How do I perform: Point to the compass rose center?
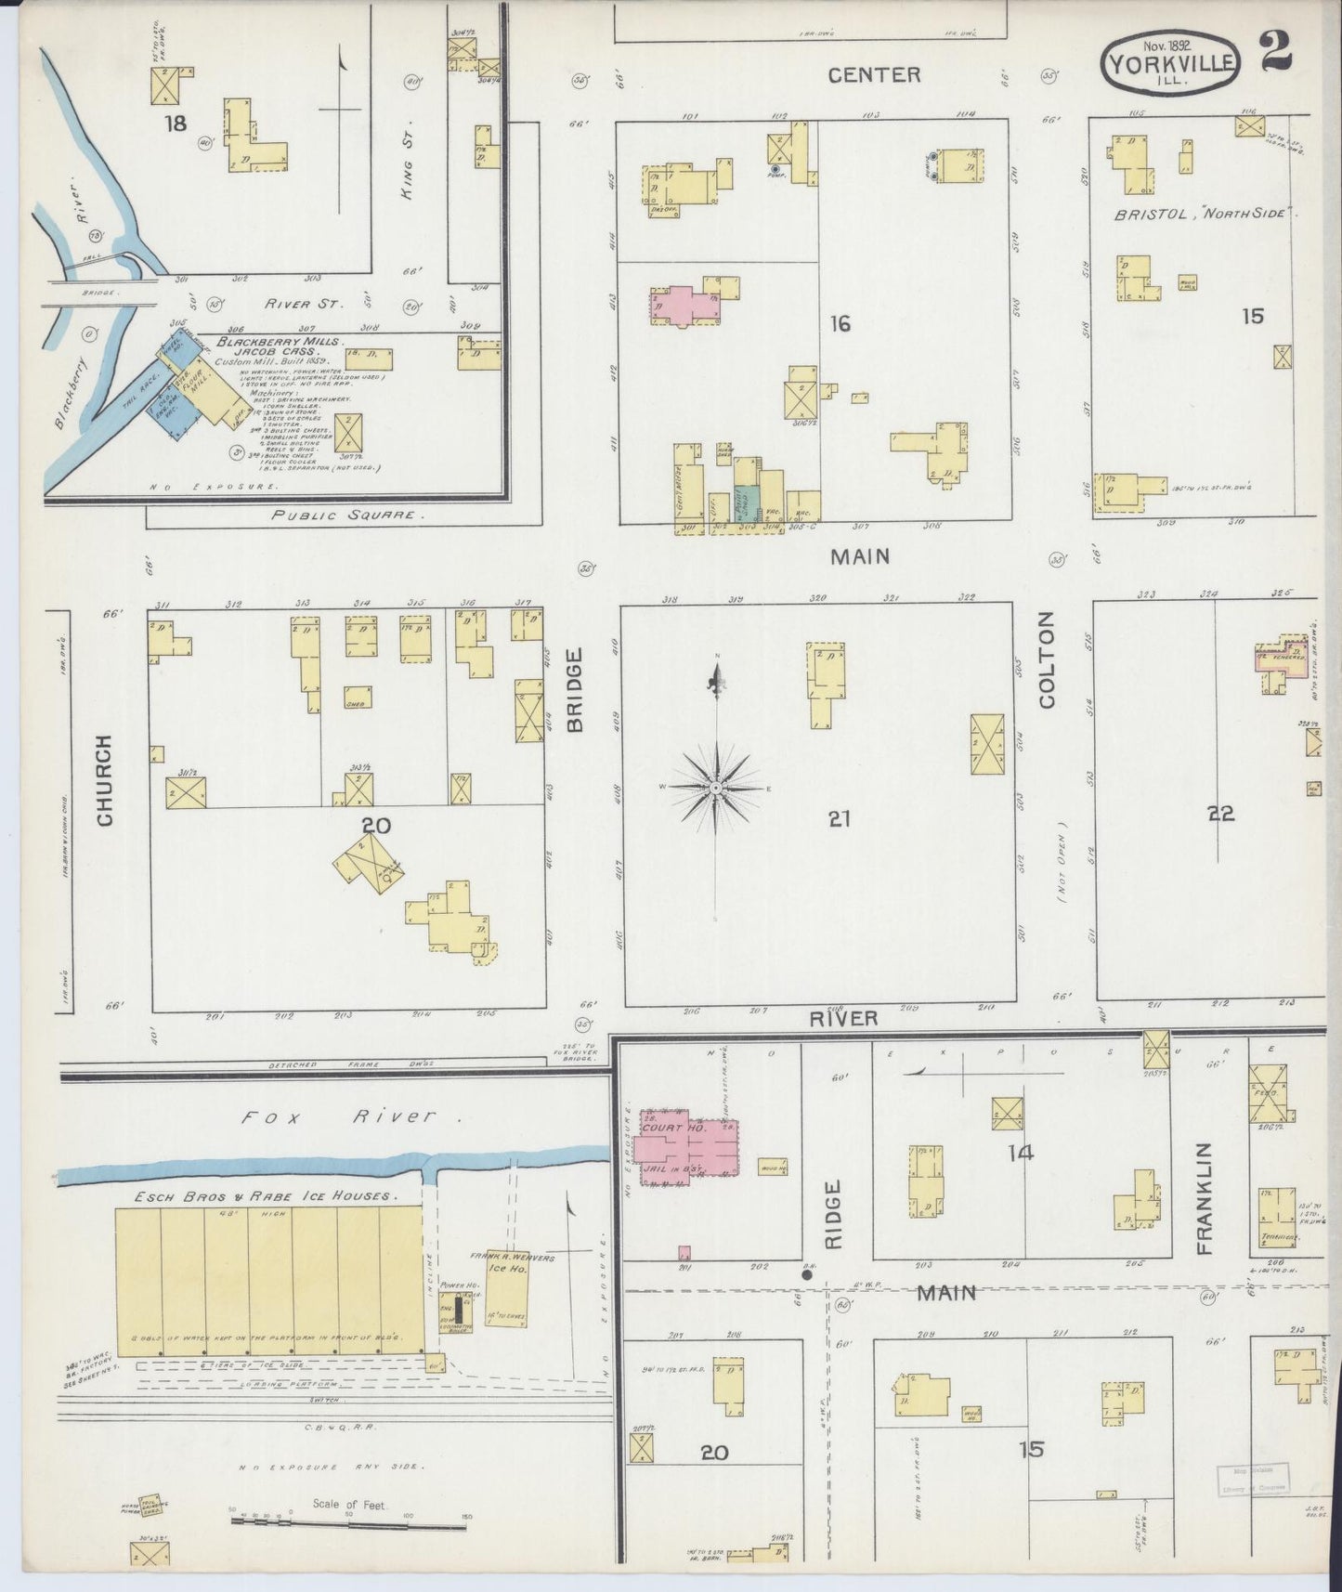tap(716, 788)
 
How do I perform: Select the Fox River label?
tap(350, 1117)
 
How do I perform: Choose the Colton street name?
tap(1047, 660)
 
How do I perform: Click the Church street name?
tap(103, 780)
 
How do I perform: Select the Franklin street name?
tap(1205, 1198)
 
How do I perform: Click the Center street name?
tap(874, 75)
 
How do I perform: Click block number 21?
tap(840, 818)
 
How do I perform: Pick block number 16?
tap(840, 323)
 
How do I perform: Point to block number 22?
tap(1219, 814)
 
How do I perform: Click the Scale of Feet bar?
tap(348, 1520)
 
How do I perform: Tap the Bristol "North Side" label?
tap(1204, 214)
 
